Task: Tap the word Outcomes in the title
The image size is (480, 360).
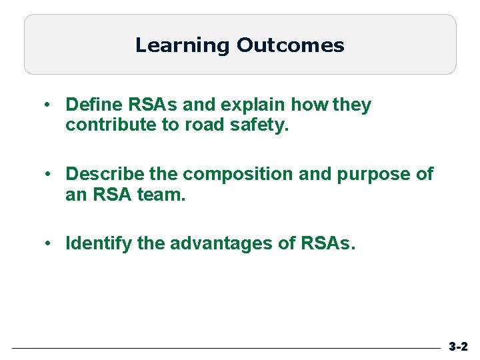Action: [x=290, y=45]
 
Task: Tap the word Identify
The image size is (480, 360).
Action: [x=99, y=243]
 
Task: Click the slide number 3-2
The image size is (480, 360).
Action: [x=458, y=347]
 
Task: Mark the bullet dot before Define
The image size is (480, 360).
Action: [x=49, y=105]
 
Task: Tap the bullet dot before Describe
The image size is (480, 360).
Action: [x=49, y=175]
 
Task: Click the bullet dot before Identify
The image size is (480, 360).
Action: [x=49, y=244]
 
